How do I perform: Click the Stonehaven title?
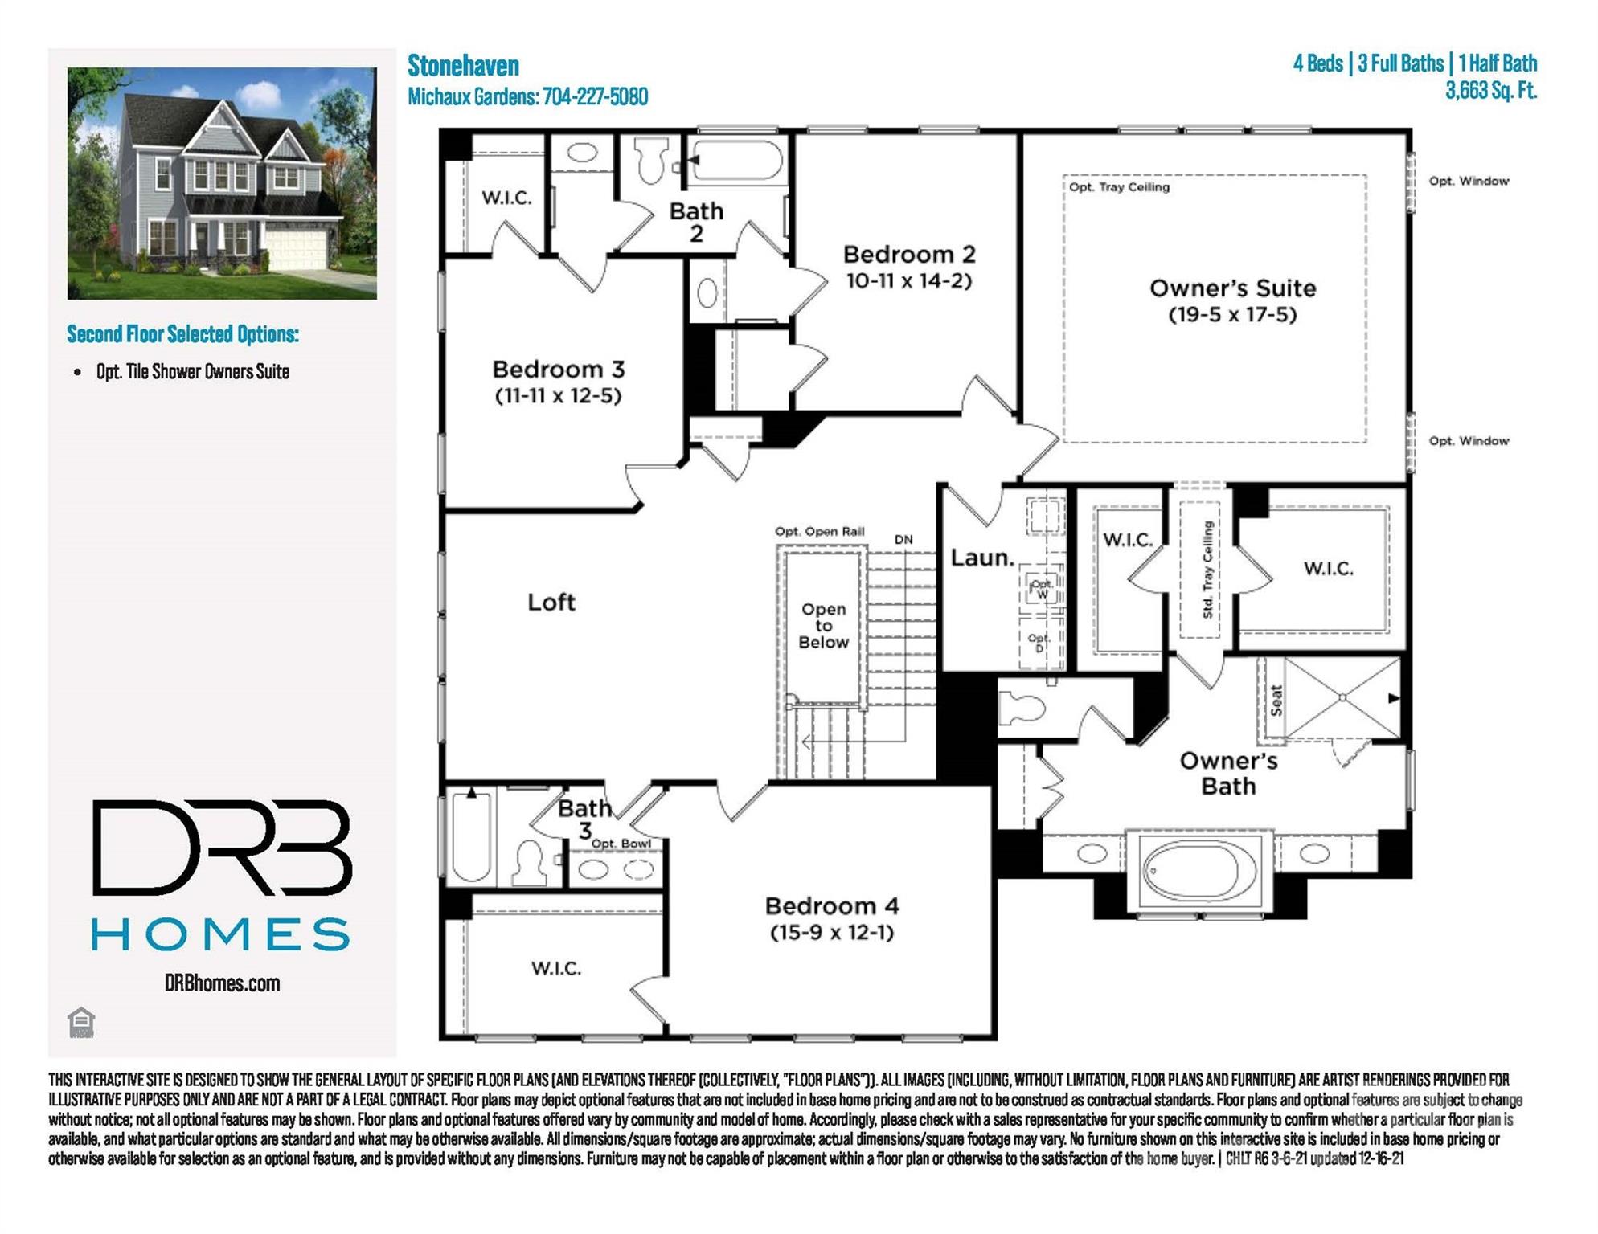(x=463, y=65)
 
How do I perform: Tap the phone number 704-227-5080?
(x=595, y=97)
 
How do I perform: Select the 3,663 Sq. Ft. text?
(x=1490, y=90)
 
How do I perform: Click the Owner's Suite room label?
(x=1232, y=288)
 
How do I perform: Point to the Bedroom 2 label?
(x=909, y=255)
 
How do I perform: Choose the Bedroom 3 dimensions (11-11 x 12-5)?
(x=558, y=395)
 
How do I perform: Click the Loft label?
(x=551, y=602)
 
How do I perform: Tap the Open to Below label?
(x=823, y=625)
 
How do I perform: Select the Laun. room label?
(x=982, y=558)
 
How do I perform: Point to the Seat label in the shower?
(x=1276, y=700)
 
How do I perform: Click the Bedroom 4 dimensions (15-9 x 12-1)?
(x=832, y=932)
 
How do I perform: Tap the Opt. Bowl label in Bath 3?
(x=621, y=844)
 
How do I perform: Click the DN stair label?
(x=903, y=540)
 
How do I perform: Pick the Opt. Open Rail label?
(x=819, y=531)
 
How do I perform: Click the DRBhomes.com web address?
(x=222, y=983)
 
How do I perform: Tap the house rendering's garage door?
(x=297, y=248)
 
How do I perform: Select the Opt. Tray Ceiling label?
(x=1119, y=187)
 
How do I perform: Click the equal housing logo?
(x=81, y=1022)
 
